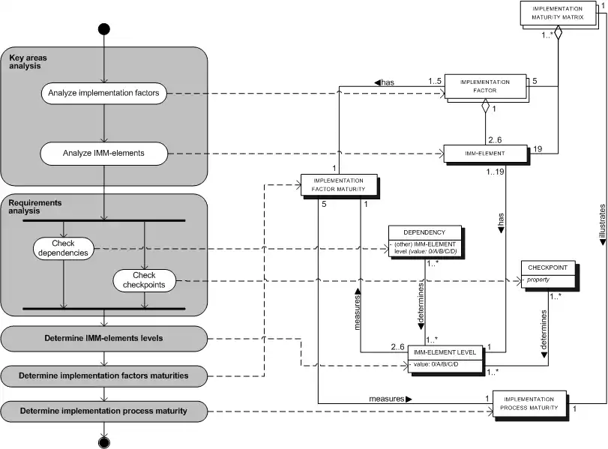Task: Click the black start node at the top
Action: [x=104, y=29]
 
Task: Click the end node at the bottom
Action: [x=104, y=442]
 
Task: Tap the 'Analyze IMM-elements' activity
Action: [x=103, y=154]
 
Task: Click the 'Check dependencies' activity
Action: [x=64, y=248]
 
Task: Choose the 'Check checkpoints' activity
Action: [x=145, y=281]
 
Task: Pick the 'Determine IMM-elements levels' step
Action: [x=103, y=338]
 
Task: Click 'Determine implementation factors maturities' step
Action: [x=103, y=375]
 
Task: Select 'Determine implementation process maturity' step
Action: [x=103, y=411]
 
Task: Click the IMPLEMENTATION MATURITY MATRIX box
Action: [x=557, y=13]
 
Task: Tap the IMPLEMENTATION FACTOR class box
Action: [x=484, y=86]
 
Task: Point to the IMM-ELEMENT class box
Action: [x=484, y=154]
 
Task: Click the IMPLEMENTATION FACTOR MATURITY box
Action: [x=338, y=185]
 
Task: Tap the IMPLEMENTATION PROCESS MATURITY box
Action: [x=529, y=403]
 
